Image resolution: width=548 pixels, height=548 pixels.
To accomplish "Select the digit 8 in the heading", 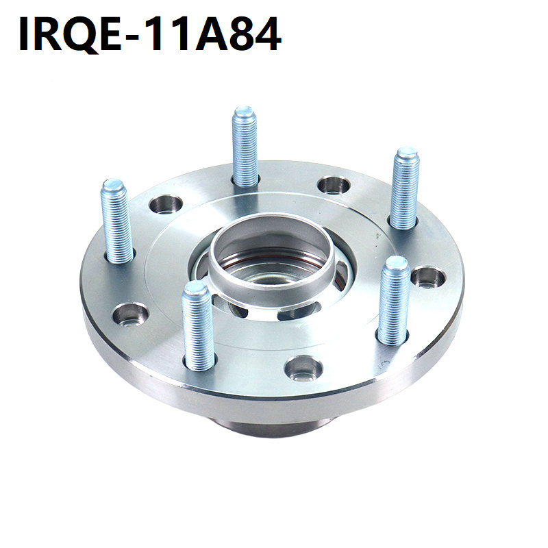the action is click(243, 34).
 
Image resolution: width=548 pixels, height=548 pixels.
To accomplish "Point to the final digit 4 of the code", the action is click(269, 34).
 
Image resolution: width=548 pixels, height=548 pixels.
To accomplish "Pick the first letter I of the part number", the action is click(25, 34).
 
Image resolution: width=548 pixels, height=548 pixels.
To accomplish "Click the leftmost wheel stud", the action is click(116, 221).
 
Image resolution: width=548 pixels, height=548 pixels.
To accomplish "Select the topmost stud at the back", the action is click(245, 146).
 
